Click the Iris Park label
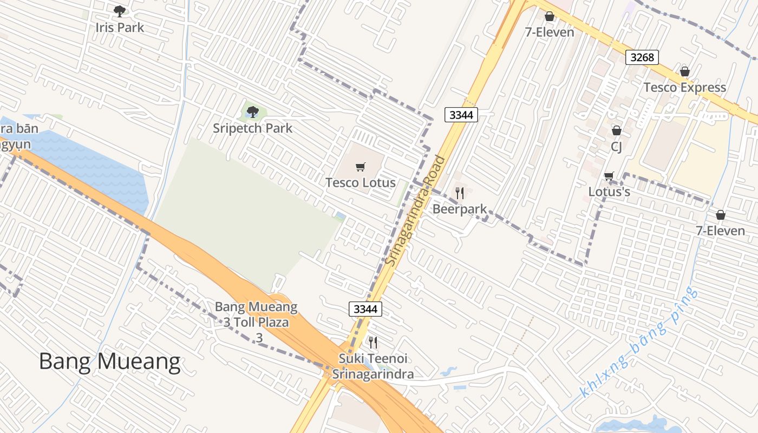tap(120, 28)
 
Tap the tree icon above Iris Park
tap(120, 11)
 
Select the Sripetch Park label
tap(252, 128)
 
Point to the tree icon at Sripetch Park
tap(252, 112)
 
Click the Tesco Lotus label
tap(361, 183)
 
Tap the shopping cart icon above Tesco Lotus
tap(361, 167)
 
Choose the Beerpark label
tap(460, 209)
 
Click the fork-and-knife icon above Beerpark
tap(460, 193)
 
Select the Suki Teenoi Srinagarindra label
tap(373, 366)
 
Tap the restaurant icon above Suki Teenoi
tap(373, 342)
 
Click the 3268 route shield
tap(642, 57)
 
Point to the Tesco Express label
tap(684, 88)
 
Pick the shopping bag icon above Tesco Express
tap(684, 71)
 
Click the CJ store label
tap(616, 147)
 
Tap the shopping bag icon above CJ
tap(616, 130)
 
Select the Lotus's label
tap(609, 192)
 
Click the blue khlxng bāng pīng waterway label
tap(639, 342)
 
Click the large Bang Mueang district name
tap(109, 362)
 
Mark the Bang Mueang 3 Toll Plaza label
tap(257, 322)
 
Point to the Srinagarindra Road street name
tap(416, 211)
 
